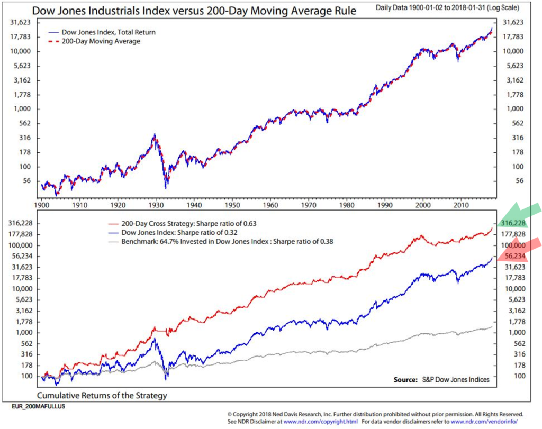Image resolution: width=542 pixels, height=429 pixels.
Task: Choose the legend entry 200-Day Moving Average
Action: click(100, 41)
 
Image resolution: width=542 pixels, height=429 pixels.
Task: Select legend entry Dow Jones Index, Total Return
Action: click(109, 32)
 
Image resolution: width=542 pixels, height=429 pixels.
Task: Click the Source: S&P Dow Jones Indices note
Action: click(441, 379)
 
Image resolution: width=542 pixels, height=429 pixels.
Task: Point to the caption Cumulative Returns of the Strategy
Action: click(102, 395)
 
